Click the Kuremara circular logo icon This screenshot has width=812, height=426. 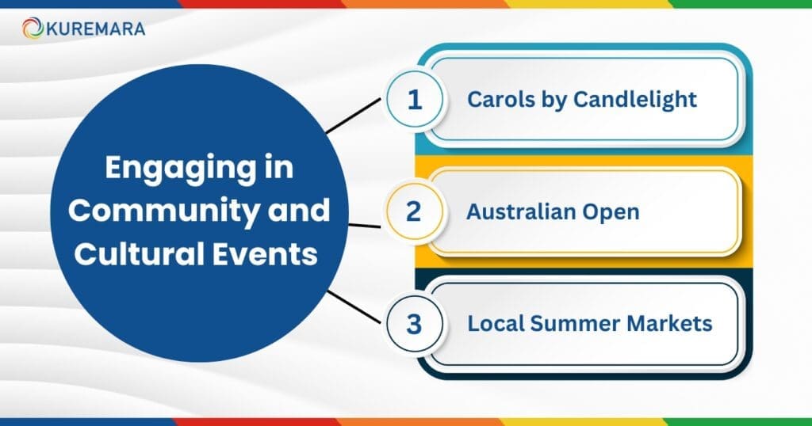pos(33,29)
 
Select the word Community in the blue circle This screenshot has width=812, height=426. pos(164,212)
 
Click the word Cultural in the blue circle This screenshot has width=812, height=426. pos(153,255)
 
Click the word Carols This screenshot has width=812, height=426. pos(494,100)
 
